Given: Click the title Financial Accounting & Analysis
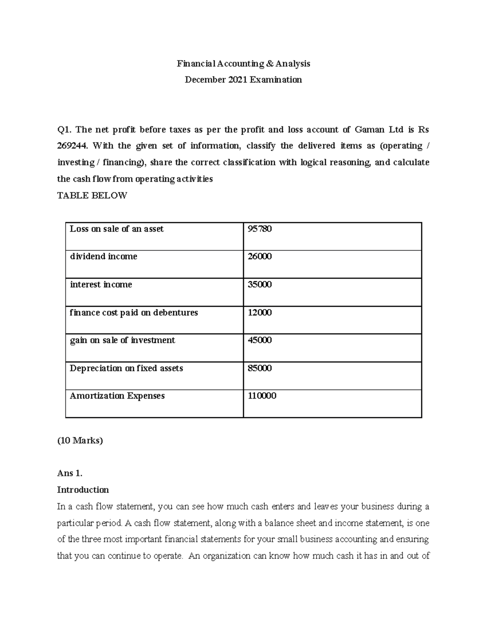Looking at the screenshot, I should [x=243, y=63].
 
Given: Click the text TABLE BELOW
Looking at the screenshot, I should [x=92, y=195].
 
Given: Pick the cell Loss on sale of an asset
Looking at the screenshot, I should [x=116, y=229].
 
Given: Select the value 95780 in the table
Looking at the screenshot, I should [x=260, y=229].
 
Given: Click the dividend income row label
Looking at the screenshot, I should [x=103, y=256].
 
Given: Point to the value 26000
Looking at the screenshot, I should [x=260, y=256].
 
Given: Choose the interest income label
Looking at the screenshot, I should [x=101, y=284].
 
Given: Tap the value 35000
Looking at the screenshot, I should [x=260, y=284].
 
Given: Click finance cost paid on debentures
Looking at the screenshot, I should [x=134, y=312].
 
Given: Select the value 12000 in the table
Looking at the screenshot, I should [x=260, y=312].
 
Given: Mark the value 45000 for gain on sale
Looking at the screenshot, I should [x=260, y=340].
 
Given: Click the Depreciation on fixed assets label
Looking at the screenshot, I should [x=126, y=368].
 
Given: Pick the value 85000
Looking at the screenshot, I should [x=260, y=368].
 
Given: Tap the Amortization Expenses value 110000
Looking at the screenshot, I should [x=262, y=396].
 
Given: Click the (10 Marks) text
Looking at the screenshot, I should [x=80, y=440].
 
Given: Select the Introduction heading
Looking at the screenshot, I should [x=83, y=490].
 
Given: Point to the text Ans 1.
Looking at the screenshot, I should [x=70, y=473].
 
